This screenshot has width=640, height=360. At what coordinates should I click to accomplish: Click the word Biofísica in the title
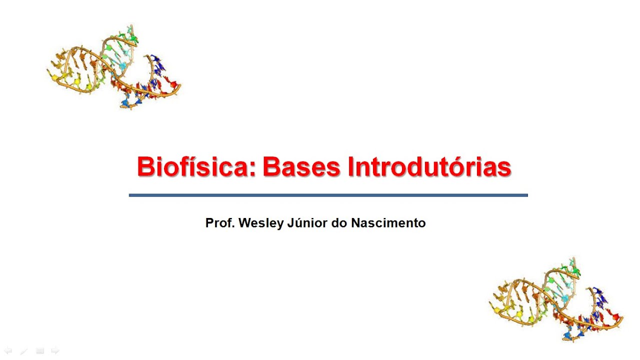click(x=192, y=167)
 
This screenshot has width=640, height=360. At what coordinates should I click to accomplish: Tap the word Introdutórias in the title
click(x=429, y=167)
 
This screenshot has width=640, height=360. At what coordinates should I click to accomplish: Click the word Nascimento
click(x=388, y=223)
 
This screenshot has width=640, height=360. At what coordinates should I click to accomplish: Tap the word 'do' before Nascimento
click(x=340, y=223)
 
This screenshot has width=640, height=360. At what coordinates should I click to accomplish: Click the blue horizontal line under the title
click(x=328, y=195)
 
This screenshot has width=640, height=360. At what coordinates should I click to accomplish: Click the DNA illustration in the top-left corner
click(x=114, y=67)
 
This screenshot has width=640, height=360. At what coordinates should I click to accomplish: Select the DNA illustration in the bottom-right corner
click(x=556, y=300)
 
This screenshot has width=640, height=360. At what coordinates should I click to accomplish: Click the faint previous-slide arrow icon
click(x=8, y=351)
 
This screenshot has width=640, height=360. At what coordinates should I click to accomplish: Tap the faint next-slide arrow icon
click(x=55, y=351)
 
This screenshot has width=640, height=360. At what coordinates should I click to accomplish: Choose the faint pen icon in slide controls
click(x=23, y=351)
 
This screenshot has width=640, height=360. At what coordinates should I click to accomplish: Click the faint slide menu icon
click(x=39, y=351)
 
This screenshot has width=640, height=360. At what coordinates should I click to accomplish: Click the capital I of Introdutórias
click(x=351, y=167)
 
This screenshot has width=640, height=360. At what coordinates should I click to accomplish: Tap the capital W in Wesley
click(x=244, y=223)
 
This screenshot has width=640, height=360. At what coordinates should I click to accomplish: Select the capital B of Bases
click(x=271, y=167)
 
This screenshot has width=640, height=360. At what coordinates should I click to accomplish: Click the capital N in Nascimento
click(x=355, y=223)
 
